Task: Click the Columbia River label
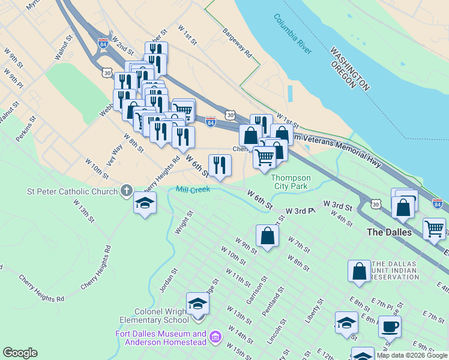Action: pos(292,35)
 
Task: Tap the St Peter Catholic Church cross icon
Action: pos(127,191)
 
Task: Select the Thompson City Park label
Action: pos(291,182)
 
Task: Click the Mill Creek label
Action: pos(193,189)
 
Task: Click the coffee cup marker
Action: pos(390,327)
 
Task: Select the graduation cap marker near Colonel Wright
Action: pos(197,304)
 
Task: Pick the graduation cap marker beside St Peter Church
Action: pos(145,203)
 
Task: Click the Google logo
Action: pos(20,353)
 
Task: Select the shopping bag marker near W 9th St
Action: pos(268,236)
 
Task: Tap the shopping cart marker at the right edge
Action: pos(434,228)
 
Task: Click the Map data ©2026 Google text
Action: pos(412,355)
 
